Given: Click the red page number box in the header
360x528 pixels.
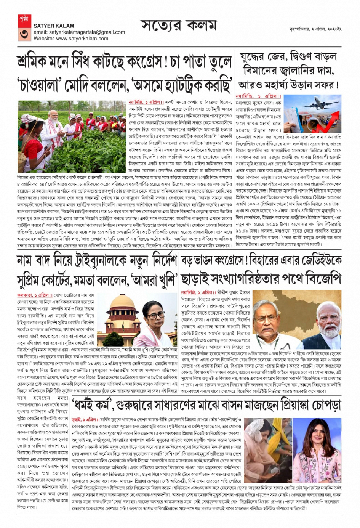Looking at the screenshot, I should pos(24,28).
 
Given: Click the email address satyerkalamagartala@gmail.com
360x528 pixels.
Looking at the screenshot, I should pos(79,32).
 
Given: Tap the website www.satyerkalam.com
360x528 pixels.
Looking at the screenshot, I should pos(71,39).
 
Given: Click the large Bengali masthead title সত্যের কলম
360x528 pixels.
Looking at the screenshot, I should pos(179,26).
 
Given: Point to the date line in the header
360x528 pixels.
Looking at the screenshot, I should pos(315,29).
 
